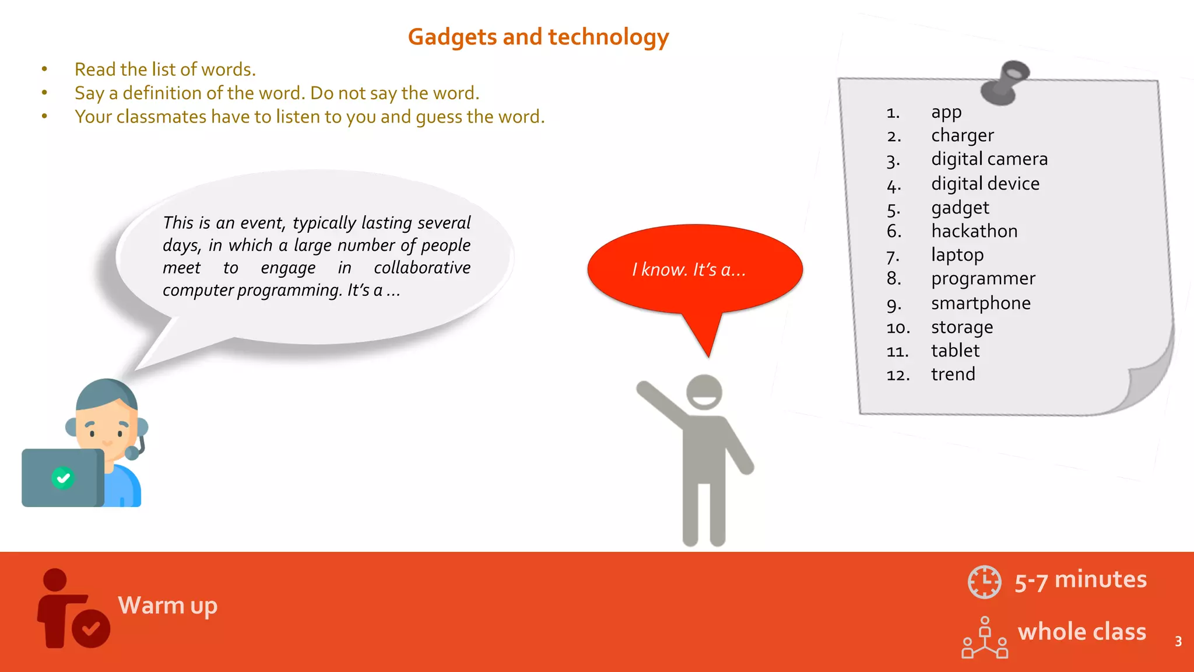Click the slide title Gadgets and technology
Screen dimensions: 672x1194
(x=538, y=37)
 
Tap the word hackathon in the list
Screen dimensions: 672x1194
(x=974, y=231)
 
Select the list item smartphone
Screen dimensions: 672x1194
(x=981, y=303)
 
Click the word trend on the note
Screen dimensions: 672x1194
(x=953, y=374)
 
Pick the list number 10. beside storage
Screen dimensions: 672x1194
(x=898, y=328)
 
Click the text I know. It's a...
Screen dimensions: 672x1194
(x=689, y=269)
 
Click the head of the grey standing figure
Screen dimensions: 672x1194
(x=704, y=392)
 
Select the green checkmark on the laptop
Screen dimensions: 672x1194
(x=63, y=478)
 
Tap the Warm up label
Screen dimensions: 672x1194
(x=167, y=605)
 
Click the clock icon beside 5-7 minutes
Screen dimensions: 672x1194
(x=984, y=582)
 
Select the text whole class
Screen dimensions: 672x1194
(x=1081, y=632)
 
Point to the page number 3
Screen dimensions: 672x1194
(x=1178, y=642)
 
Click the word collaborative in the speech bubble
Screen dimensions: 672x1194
(x=422, y=268)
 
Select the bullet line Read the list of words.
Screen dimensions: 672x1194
(x=165, y=69)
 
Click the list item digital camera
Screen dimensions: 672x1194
(x=989, y=159)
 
